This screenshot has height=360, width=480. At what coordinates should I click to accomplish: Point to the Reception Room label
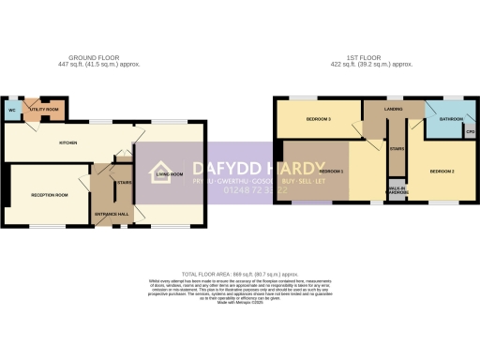[x=50, y=195]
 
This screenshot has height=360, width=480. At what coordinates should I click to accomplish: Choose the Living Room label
[x=170, y=174]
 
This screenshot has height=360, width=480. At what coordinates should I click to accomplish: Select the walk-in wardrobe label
[x=397, y=191]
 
